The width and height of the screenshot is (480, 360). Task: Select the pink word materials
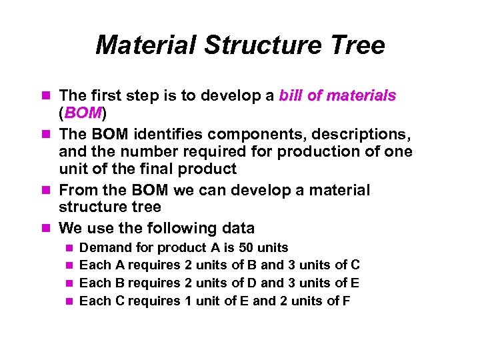tap(361, 96)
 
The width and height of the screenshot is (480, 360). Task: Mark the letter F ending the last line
tap(346, 301)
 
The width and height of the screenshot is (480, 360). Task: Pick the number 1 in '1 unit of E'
tap(188, 301)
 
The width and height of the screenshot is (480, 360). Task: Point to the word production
tap(319, 151)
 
